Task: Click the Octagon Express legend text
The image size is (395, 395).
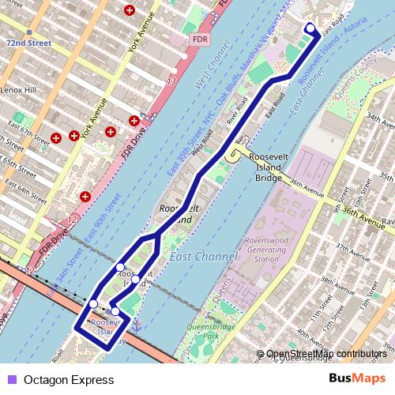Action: tap(69, 380)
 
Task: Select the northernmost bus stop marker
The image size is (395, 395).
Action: tap(310, 29)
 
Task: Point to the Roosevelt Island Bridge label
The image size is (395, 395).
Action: tap(271, 163)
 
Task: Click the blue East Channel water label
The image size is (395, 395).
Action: tap(203, 257)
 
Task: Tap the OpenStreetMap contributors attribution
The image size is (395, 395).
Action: tap(325, 355)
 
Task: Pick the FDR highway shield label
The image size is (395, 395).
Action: tap(200, 39)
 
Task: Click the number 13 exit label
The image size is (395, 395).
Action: tap(171, 81)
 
